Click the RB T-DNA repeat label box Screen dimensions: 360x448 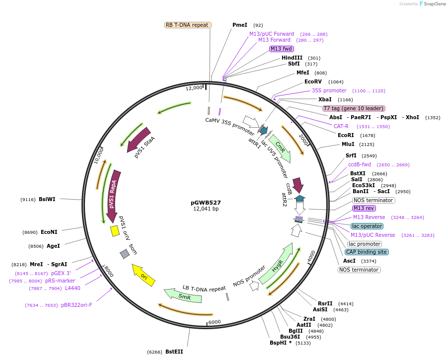tap(188, 25)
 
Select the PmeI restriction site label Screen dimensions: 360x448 tap(239, 25)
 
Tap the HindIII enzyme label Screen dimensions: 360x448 tap(292, 58)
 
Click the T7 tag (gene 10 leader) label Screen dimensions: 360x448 tap(354, 108)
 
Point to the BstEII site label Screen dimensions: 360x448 tap(174, 352)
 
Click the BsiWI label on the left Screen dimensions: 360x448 tap(47, 199)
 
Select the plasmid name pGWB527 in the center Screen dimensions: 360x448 tap(206, 203)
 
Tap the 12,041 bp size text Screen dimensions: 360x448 tap(206, 209)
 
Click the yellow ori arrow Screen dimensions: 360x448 tap(143, 275)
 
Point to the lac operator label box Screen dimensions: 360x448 tap(367, 226)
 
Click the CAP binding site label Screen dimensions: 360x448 tap(367, 252)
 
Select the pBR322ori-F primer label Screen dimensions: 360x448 tap(76, 305)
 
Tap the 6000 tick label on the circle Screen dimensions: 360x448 tap(215, 322)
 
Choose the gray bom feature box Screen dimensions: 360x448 tap(125, 254)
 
